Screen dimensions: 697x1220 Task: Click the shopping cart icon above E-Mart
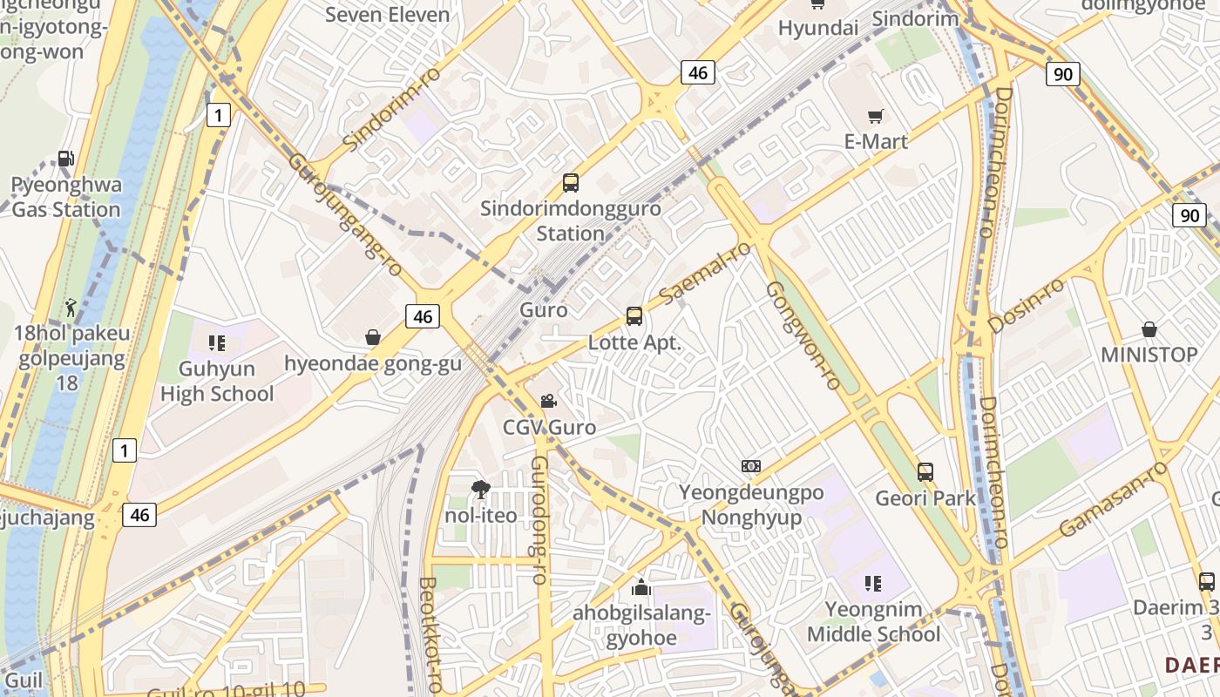(876, 116)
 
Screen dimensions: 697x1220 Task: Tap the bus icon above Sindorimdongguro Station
(571, 183)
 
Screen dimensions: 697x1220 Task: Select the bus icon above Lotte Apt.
(634, 316)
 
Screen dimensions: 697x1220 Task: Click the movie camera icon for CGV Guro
(548, 402)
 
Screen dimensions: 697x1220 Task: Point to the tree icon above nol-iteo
(480, 490)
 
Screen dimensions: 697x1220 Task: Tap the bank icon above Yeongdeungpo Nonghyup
(751, 466)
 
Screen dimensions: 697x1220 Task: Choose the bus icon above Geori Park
(925, 472)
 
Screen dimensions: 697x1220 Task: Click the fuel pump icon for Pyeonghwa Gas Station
(66, 159)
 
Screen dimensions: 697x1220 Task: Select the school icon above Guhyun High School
(217, 343)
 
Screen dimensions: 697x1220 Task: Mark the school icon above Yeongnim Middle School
(873, 584)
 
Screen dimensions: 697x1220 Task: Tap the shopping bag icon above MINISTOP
(1149, 329)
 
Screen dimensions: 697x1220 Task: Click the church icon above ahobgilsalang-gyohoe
(641, 587)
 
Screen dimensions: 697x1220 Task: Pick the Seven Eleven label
(388, 15)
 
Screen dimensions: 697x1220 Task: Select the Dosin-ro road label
(1027, 306)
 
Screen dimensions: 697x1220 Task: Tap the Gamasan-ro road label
(1113, 499)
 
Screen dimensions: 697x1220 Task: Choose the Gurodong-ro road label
(540, 519)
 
